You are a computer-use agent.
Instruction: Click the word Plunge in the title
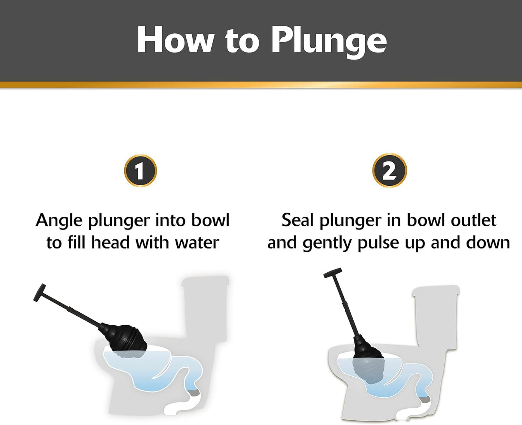tap(329, 40)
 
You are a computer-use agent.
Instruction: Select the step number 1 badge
tap(140, 171)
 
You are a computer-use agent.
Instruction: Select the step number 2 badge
tap(389, 171)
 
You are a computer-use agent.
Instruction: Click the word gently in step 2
tap(327, 243)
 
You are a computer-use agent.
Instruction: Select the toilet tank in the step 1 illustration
tap(205, 307)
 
